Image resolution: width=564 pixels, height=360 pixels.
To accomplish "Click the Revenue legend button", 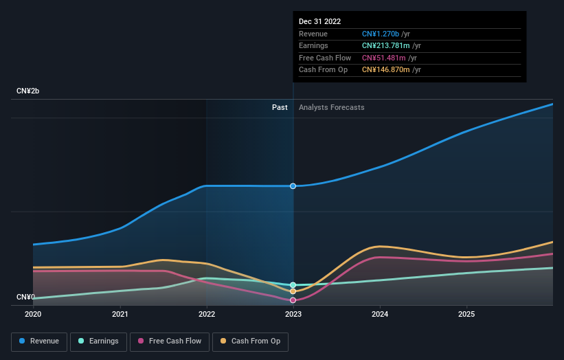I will [x=39, y=341].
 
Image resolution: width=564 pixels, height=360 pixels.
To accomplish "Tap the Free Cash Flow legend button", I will [x=170, y=341].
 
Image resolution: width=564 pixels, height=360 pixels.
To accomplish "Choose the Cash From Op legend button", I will [x=251, y=341].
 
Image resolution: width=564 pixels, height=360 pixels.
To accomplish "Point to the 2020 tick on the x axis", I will [x=33, y=314].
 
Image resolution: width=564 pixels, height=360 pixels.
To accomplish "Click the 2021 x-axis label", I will [x=120, y=314].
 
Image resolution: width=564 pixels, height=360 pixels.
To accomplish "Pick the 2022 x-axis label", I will [x=207, y=314].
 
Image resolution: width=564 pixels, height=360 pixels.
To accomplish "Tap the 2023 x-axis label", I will [x=293, y=314].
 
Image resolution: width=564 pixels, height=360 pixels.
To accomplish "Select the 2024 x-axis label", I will [x=380, y=314].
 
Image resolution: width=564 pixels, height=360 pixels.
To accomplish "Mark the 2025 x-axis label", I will [x=466, y=314].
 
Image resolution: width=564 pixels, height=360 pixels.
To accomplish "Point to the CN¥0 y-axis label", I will [x=26, y=297].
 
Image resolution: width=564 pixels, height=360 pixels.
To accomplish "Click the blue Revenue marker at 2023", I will [x=293, y=186].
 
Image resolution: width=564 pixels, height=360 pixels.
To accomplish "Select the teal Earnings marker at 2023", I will [x=293, y=284].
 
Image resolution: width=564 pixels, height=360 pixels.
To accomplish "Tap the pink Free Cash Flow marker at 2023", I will [x=293, y=300].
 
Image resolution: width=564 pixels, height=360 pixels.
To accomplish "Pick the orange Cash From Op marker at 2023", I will [x=293, y=291].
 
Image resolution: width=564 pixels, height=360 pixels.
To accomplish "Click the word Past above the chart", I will [x=280, y=107].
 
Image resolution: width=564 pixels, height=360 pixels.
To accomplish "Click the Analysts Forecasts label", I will [x=332, y=107].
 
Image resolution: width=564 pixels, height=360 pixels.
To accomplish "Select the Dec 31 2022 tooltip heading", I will [x=319, y=22].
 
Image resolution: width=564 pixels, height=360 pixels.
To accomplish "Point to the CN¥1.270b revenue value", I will [x=381, y=34].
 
